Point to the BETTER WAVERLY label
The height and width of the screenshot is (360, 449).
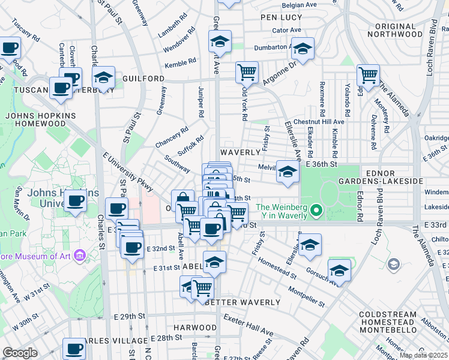(x=243, y=302)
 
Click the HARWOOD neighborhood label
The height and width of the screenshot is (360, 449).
(x=195, y=328)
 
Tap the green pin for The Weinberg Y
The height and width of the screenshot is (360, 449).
(x=318, y=211)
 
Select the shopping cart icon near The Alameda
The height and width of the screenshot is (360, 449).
(x=368, y=74)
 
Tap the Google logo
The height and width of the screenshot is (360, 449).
(x=20, y=353)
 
